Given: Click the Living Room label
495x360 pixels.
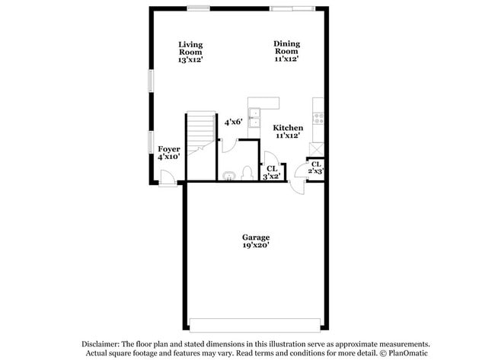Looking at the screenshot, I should point(190,52).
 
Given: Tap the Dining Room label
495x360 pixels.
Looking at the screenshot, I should point(286,50).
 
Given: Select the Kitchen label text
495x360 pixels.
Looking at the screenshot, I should point(289,127).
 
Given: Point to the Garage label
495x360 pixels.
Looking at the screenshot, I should point(255,237).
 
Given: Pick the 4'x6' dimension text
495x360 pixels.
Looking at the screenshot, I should point(233,121).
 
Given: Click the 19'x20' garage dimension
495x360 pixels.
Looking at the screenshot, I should point(255,246).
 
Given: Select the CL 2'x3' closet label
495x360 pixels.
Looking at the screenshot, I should point(316,167).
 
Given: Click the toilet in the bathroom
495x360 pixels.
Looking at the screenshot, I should point(246,173).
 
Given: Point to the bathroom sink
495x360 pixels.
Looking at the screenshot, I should point(229,176).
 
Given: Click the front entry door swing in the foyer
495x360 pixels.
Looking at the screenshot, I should point(168,177).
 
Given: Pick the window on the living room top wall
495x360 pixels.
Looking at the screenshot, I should point(200,8).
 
